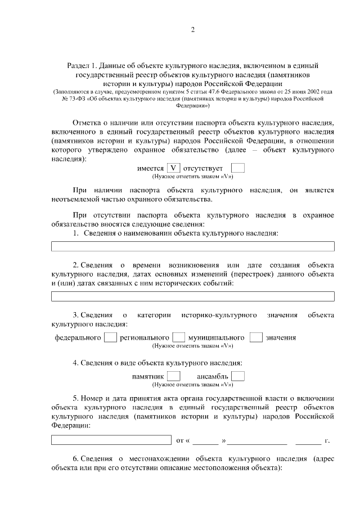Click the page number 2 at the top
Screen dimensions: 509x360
pyautogui.click(x=192, y=30)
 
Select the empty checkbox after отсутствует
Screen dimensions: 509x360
pyautogui.click(x=238, y=168)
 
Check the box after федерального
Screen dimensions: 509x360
pyautogui.click(x=111, y=337)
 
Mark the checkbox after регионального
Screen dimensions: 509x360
pyautogui.click(x=178, y=337)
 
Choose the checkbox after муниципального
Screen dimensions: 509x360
pyautogui.click(x=256, y=337)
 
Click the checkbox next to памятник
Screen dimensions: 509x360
pyautogui.click(x=174, y=376)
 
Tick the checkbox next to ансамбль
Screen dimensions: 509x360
pyautogui.click(x=238, y=376)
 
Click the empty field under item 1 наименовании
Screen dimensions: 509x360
pyautogui.click(x=192, y=246)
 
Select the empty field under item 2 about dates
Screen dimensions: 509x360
pyautogui.click(x=192, y=296)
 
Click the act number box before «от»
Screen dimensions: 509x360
pyautogui.click(x=111, y=440)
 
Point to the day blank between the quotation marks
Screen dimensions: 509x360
pyautogui.click(x=206, y=440)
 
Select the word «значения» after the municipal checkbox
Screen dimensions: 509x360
pyautogui.click(x=281, y=338)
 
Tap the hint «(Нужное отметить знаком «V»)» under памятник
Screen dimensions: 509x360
pyautogui.click(x=192, y=385)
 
